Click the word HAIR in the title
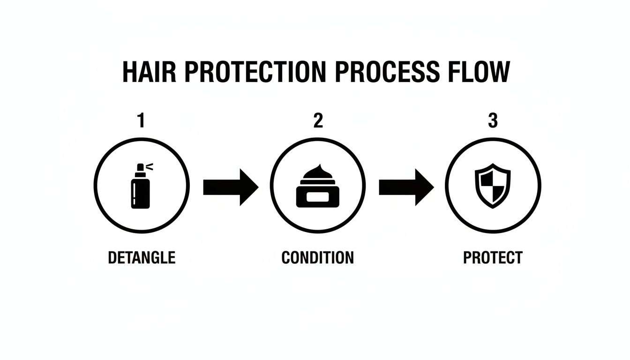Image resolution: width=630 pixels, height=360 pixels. point(149,72)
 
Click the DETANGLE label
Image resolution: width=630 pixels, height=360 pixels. point(142,258)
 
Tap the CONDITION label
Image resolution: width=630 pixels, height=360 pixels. point(317,258)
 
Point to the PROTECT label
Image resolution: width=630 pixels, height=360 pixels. point(493,258)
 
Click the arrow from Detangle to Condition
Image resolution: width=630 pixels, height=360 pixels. point(230,187)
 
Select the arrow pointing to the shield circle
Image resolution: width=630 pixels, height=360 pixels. point(406,187)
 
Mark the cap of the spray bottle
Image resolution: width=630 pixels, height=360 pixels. point(140,168)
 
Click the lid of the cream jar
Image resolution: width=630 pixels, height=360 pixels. point(317,181)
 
